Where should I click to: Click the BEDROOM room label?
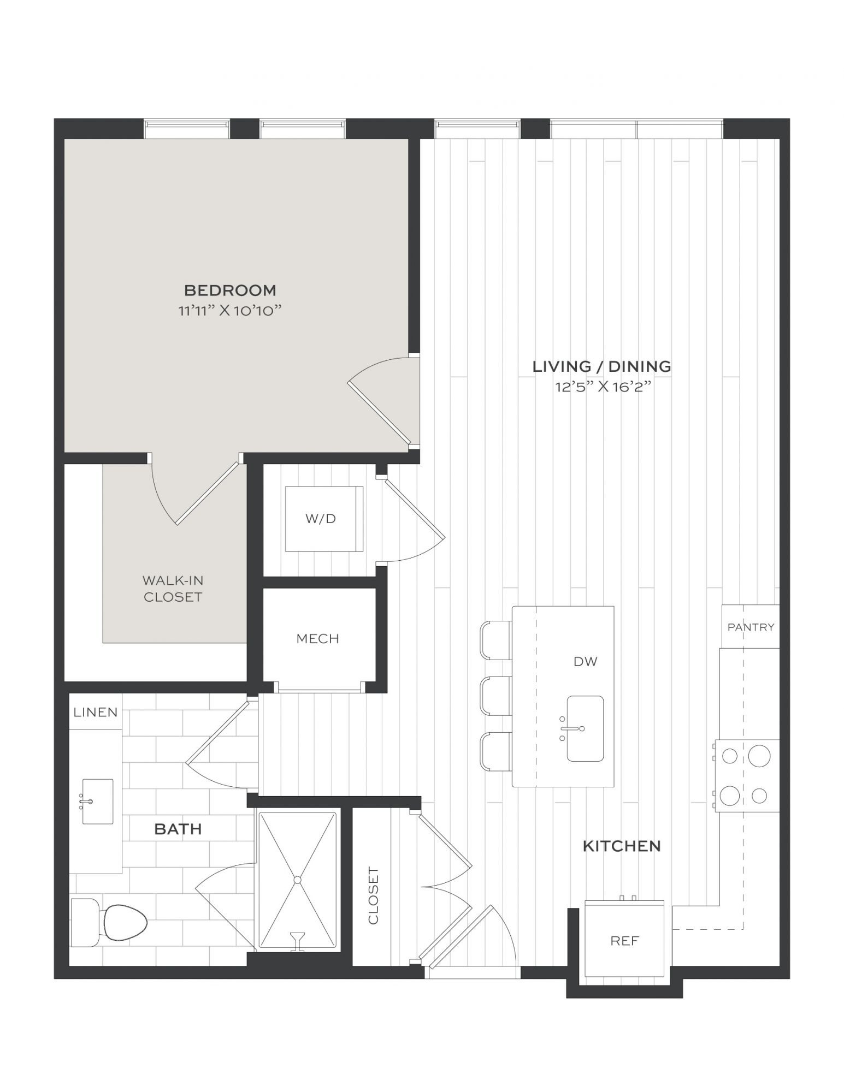point(230,289)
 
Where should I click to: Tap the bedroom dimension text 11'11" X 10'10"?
point(230,311)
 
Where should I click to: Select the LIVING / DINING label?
point(602,366)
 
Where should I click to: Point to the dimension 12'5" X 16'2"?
point(602,387)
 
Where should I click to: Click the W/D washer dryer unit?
point(324,518)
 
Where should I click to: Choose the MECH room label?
point(318,638)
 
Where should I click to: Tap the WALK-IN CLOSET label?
point(173,588)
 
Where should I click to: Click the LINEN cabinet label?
point(96,712)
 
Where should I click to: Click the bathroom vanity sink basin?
point(97,802)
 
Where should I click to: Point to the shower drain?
point(297,880)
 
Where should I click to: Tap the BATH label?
point(178,829)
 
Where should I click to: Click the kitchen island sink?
point(585,728)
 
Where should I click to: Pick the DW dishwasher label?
point(586,662)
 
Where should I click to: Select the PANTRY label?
point(751,627)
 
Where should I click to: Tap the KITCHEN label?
point(622,846)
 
